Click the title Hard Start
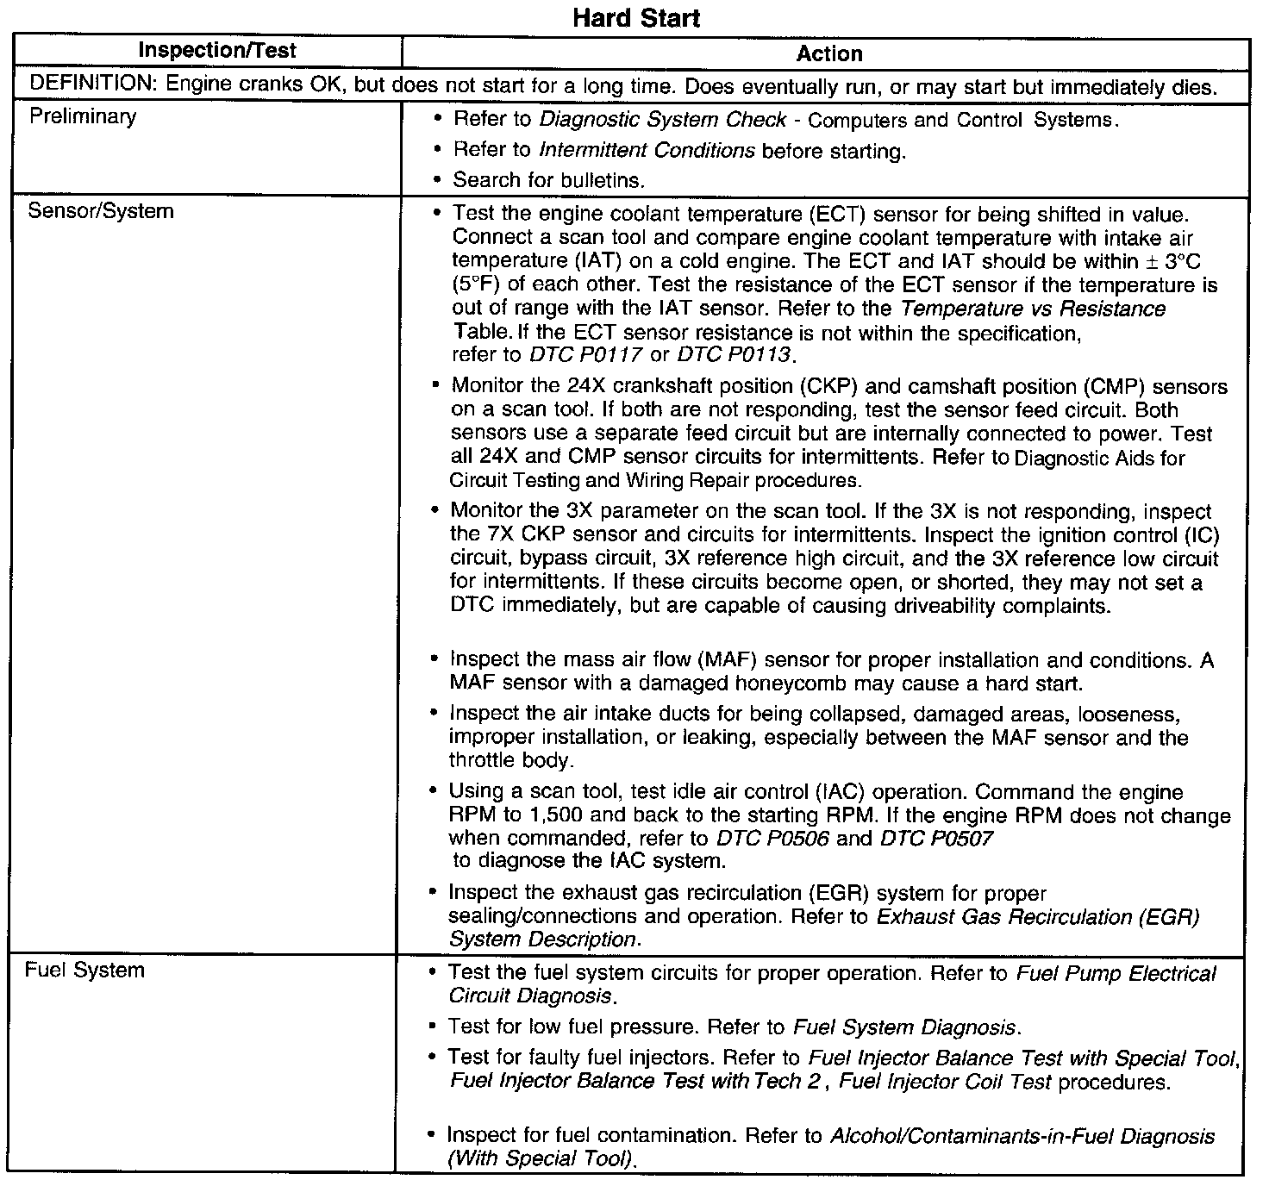coord(636,18)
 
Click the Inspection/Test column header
coord(216,51)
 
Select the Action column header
coord(829,54)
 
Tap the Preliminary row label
coord(83,116)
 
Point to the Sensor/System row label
coord(101,211)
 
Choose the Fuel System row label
coord(84,971)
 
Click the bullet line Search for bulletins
coord(549,180)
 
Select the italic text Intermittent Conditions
coord(647,151)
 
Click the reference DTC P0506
coord(772,839)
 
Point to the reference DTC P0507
coord(937,839)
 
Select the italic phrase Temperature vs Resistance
coord(1033,309)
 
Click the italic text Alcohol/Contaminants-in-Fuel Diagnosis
coord(1022,1137)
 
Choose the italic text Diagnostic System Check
coord(662,120)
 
